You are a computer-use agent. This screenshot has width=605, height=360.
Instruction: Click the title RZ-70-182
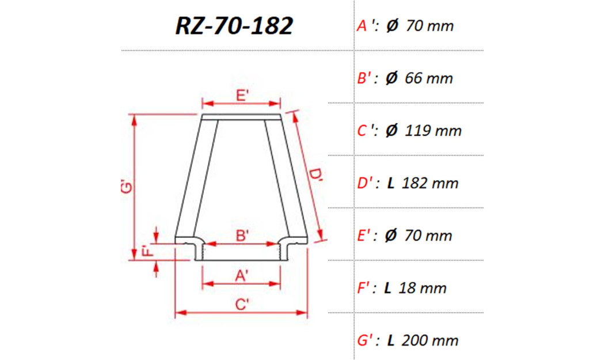point(234,26)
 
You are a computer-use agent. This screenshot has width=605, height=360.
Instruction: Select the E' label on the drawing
point(242,96)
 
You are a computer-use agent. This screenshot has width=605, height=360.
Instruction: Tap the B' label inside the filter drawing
point(242,235)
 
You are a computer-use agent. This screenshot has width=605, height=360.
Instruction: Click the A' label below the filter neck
point(242,276)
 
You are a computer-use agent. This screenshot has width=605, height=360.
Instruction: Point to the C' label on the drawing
point(242,305)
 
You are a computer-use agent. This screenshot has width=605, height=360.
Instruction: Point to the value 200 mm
point(431,340)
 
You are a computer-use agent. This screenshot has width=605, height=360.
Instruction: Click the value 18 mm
point(422,288)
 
